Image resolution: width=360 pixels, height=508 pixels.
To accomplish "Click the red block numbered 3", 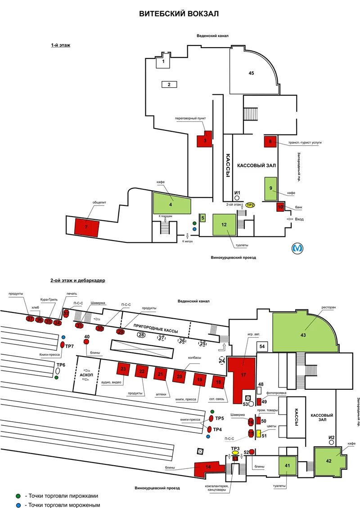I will click(x=204, y=140).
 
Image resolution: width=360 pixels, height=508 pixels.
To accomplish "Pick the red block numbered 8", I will click(x=270, y=142).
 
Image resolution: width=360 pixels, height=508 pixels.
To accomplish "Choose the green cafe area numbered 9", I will click(x=271, y=188).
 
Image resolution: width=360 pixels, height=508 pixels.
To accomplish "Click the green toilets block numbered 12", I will click(x=224, y=223).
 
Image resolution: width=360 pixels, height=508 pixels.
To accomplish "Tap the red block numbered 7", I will click(x=87, y=227).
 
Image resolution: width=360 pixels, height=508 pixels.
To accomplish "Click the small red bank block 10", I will click(x=280, y=207).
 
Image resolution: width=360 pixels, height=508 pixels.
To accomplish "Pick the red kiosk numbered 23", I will click(x=123, y=369).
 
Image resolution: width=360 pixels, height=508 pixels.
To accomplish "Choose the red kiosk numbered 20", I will click(x=179, y=376).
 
